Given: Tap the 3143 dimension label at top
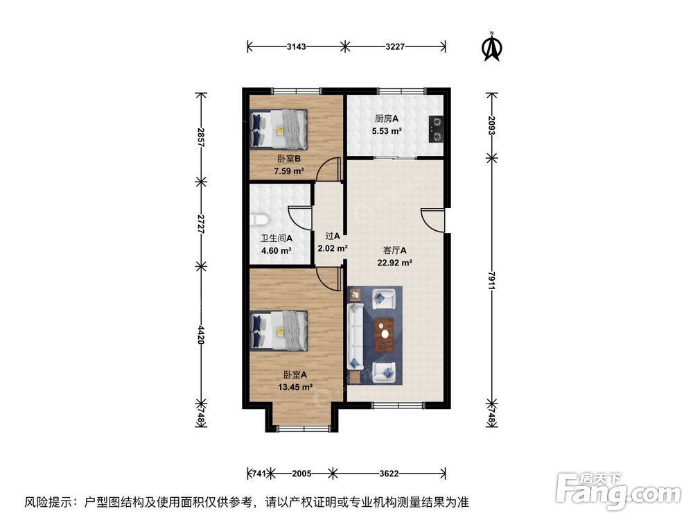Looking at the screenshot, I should click(297, 46).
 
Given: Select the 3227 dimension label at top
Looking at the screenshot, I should click(394, 46).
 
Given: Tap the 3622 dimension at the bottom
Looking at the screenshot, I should click(388, 474).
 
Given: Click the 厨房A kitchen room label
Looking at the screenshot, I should click(377, 119).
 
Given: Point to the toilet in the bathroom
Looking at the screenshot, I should click(258, 220).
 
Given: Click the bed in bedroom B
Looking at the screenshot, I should click(279, 130).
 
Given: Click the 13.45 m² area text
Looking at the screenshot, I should click(295, 387).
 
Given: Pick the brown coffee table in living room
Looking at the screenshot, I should click(383, 334).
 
